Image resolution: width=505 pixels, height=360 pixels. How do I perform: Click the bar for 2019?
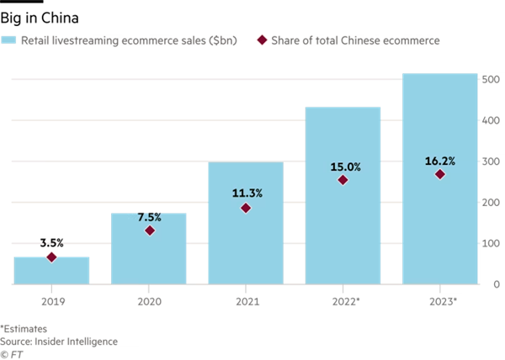coord(52,271)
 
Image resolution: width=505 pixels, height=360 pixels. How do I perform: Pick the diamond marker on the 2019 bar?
coord(52,257)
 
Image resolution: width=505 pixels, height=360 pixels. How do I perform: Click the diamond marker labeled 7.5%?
coord(150,230)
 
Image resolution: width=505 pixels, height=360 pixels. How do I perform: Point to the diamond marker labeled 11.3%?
coord(247,208)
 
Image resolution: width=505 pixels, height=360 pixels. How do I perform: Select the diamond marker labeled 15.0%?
coord(343,180)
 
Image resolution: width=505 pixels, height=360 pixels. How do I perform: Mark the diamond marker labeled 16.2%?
coord(439,174)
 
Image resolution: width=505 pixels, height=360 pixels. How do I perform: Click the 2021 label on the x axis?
coord(246,299)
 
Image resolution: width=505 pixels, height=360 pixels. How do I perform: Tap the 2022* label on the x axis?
coord(343,299)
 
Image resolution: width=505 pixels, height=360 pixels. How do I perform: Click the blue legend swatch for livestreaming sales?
coord(10,40)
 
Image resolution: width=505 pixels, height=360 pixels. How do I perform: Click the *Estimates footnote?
coord(24,329)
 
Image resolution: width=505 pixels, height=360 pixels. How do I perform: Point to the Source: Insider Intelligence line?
coord(59,341)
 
